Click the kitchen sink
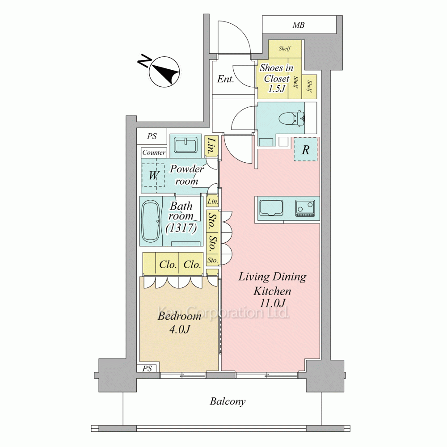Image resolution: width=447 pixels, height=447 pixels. (x=271, y=208)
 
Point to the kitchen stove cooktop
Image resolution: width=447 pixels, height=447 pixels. (x=305, y=208)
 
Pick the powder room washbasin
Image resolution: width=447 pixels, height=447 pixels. (x=186, y=145)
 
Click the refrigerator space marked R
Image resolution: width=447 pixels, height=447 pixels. (x=306, y=149)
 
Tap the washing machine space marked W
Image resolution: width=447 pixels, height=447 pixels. (x=153, y=175)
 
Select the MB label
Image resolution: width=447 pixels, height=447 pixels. (x=299, y=25)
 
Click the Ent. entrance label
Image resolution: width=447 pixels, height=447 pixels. (x=225, y=79)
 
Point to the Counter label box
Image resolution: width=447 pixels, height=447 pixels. (x=154, y=152)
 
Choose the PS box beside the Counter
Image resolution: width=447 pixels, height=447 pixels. (x=152, y=136)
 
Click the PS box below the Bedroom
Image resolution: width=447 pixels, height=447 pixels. (x=147, y=368)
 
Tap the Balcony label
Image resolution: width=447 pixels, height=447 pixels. (x=228, y=401)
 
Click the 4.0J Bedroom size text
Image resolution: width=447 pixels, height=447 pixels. (x=180, y=329)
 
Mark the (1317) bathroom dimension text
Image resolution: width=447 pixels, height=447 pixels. (x=181, y=228)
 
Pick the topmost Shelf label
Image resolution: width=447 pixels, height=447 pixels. (x=285, y=48)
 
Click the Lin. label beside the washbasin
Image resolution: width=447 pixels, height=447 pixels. (x=211, y=146)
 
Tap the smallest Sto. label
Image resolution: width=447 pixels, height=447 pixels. (x=212, y=260)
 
